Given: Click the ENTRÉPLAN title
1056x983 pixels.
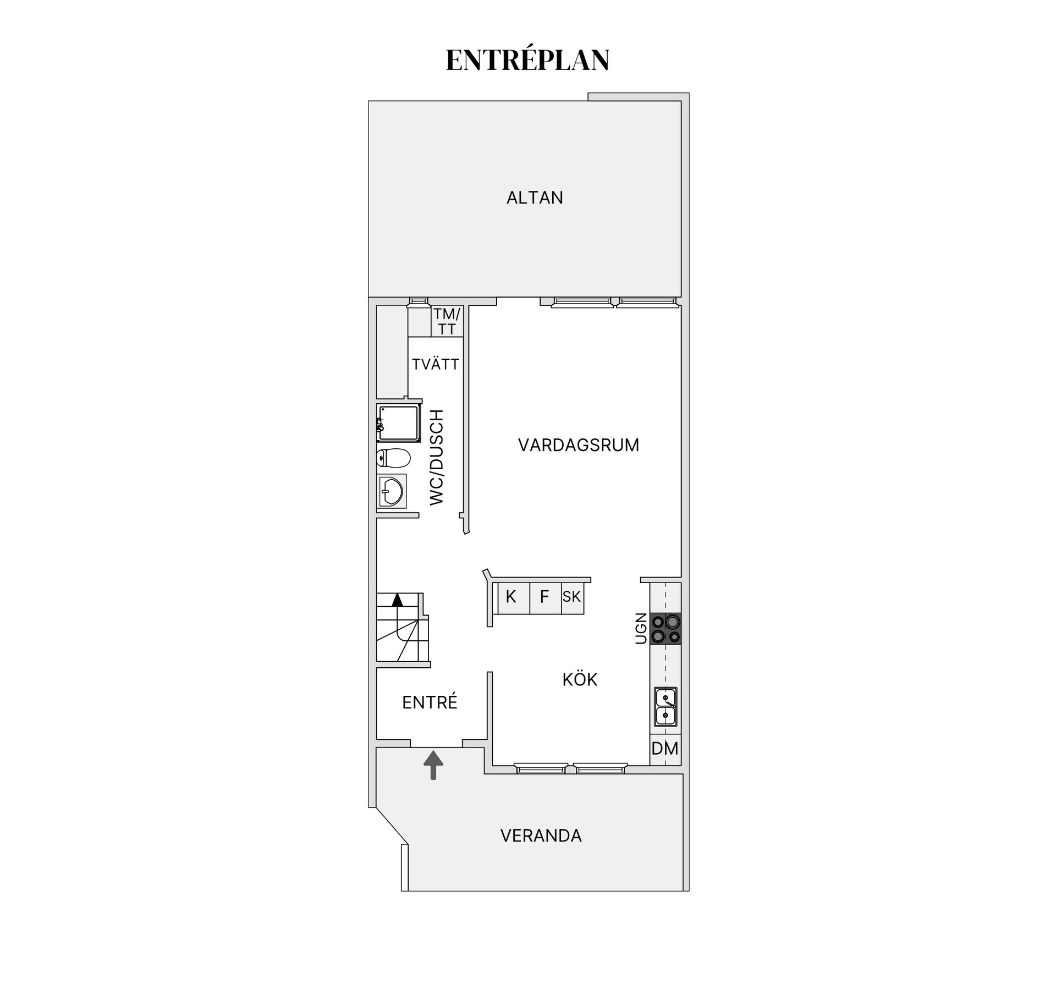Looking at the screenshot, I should (x=527, y=61).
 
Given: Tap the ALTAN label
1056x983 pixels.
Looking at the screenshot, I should (x=535, y=197).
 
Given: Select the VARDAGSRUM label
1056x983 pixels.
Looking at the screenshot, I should (x=579, y=445).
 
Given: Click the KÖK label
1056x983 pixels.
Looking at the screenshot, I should (x=580, y=679).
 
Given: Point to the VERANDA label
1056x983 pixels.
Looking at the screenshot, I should (x=541, y=836).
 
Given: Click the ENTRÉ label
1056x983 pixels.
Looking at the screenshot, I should (x=430, y=702).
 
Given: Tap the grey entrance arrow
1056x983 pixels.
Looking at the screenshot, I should (x=433, y=764).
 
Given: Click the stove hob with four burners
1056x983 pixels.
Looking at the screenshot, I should (x=665, y=629).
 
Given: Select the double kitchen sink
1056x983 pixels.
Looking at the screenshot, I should (x=665, y=707).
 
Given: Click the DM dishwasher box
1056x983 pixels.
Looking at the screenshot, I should (x=665, y=749).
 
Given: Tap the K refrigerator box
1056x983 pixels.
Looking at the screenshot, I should (x=512, y=597).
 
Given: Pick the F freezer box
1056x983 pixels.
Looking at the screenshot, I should (x=544, y=597).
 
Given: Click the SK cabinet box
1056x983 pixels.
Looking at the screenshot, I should (x=572, y=597).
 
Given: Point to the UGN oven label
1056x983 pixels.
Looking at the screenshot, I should (x=641, y=628).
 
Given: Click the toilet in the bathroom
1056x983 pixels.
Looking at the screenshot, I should (x=394, y=458).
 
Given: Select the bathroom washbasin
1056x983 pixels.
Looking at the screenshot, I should (x=392, y=490).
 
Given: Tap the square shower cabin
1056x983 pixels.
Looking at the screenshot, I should (x=398, y=422).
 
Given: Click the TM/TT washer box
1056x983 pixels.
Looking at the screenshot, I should (x=447, y=322).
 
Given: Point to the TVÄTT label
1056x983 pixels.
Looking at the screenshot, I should (x=436, y=364).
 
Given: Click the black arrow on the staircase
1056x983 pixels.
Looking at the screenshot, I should (x=397, y=600).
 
